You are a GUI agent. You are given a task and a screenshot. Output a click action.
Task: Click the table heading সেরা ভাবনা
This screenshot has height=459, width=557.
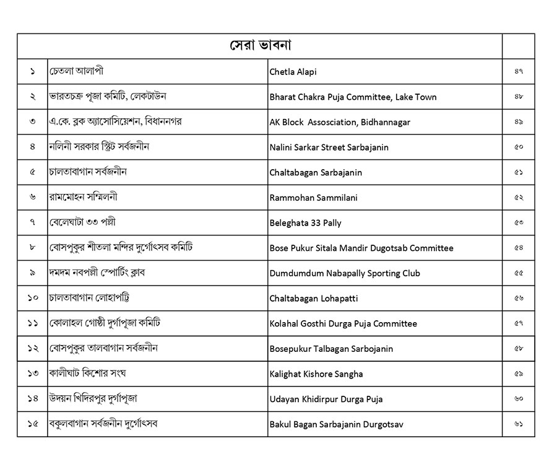(x=261, y=46)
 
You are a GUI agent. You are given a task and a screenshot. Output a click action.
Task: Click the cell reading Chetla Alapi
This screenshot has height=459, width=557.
(x=293, y=72)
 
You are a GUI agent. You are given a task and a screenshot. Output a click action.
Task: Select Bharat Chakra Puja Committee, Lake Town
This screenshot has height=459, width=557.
(x=353, y=97)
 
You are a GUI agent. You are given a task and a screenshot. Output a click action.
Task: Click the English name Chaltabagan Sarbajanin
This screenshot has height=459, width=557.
(x=316, y=173)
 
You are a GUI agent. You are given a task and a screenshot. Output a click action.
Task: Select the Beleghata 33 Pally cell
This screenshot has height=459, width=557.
(x=305, y=223)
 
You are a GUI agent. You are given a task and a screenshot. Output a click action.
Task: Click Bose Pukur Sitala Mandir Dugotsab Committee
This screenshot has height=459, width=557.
(x=361, y=248)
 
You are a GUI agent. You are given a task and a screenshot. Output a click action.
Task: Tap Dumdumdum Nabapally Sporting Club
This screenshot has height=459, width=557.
(x=345, y=273)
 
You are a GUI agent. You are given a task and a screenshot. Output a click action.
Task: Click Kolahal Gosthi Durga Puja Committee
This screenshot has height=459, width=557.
(x=343, y=324)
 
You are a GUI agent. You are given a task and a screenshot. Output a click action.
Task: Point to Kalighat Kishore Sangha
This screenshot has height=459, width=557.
(x=316, y=374)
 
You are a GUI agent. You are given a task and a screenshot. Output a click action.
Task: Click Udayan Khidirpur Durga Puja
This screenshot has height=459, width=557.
(x=326, y=400)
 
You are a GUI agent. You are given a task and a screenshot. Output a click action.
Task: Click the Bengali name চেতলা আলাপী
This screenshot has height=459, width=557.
(x=76, y=71)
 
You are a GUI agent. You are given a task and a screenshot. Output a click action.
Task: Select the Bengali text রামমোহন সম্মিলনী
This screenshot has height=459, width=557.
(x=83, y=198)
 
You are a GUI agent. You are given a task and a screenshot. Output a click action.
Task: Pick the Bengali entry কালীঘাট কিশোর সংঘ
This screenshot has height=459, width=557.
(x=87, y=374)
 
